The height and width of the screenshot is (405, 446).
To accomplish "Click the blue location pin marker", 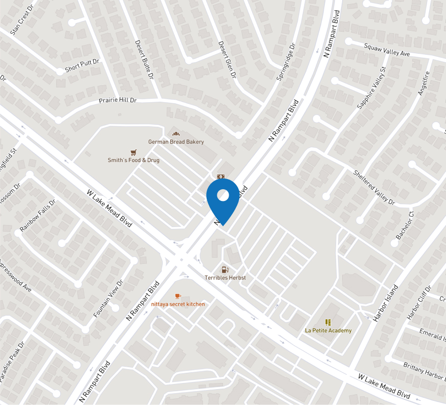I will point(222,199).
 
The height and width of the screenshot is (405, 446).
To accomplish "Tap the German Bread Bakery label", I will point(176,142).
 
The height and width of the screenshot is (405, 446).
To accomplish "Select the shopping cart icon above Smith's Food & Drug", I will point(133,152).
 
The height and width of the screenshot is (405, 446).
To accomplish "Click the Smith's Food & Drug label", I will point(133,160).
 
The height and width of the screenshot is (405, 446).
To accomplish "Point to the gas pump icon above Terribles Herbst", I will point(225,269).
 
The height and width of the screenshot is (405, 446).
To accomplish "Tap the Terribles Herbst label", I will point(225,278).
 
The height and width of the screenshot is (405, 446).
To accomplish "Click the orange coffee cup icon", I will point(178,296).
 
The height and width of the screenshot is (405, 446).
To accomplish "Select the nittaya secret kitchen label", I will point(178,304).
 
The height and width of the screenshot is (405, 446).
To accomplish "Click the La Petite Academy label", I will point(328,331).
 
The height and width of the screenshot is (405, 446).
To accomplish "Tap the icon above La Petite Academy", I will point(328,322).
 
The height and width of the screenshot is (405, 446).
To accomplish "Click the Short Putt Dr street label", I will point(82,65).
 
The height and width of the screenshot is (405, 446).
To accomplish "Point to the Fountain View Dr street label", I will point(108,298).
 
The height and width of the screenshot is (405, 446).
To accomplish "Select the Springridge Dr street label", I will point(286,62).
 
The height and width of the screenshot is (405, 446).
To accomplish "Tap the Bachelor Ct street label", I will point(405,225).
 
